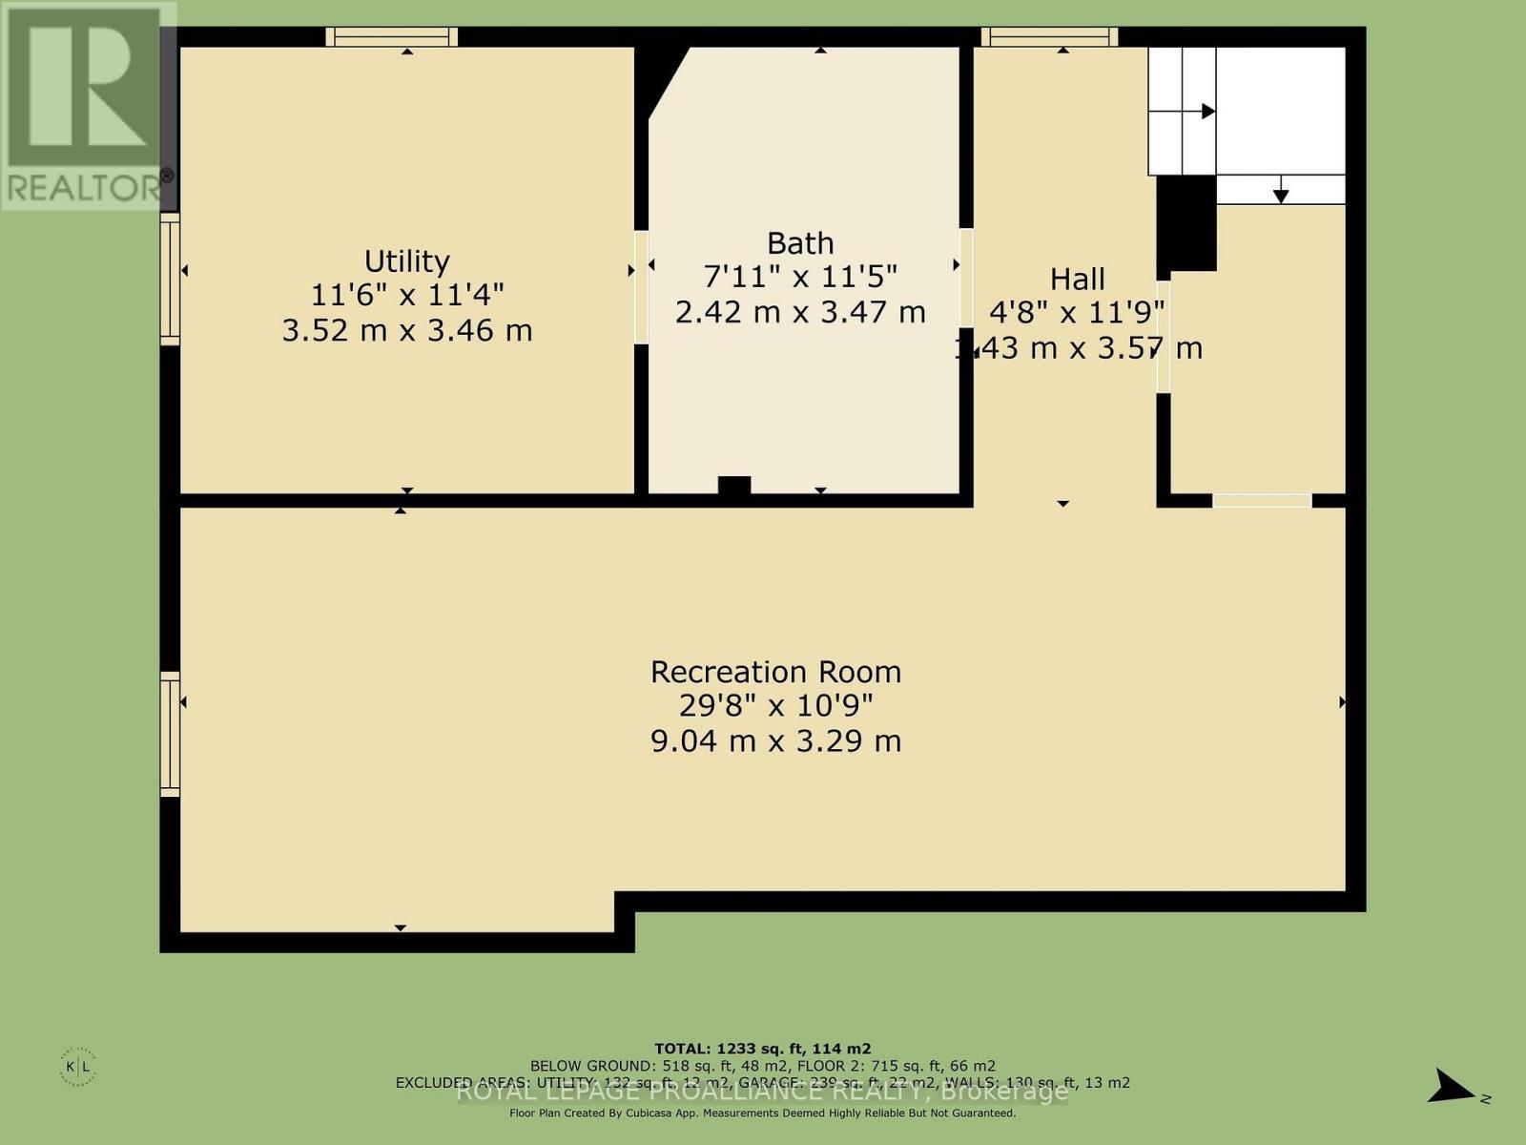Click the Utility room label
[x=407, y=260]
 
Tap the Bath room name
[x=800, y=242]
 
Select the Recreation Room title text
[x=775, y=672]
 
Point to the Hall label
[x=1078, y=279]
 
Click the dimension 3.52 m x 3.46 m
[x=407, y=330]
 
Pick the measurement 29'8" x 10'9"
[x=775, y=706]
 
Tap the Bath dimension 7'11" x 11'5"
[x=800, y=277]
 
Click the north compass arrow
[x=1453, y=1087]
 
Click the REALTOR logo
[x=86, y=105]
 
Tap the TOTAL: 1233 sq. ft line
[x=762, y=1048]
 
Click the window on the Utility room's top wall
[x=392, y=37]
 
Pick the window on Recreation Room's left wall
[x=170, y=733]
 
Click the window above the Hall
[x=1049, y=37]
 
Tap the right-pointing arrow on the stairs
[x=1207, y=112]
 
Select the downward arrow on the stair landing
[x=1281, y=195]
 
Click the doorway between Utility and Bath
[x=641, y=285]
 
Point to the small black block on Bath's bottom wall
[x=733, y=486]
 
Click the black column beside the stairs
[x=1186, y=223]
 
